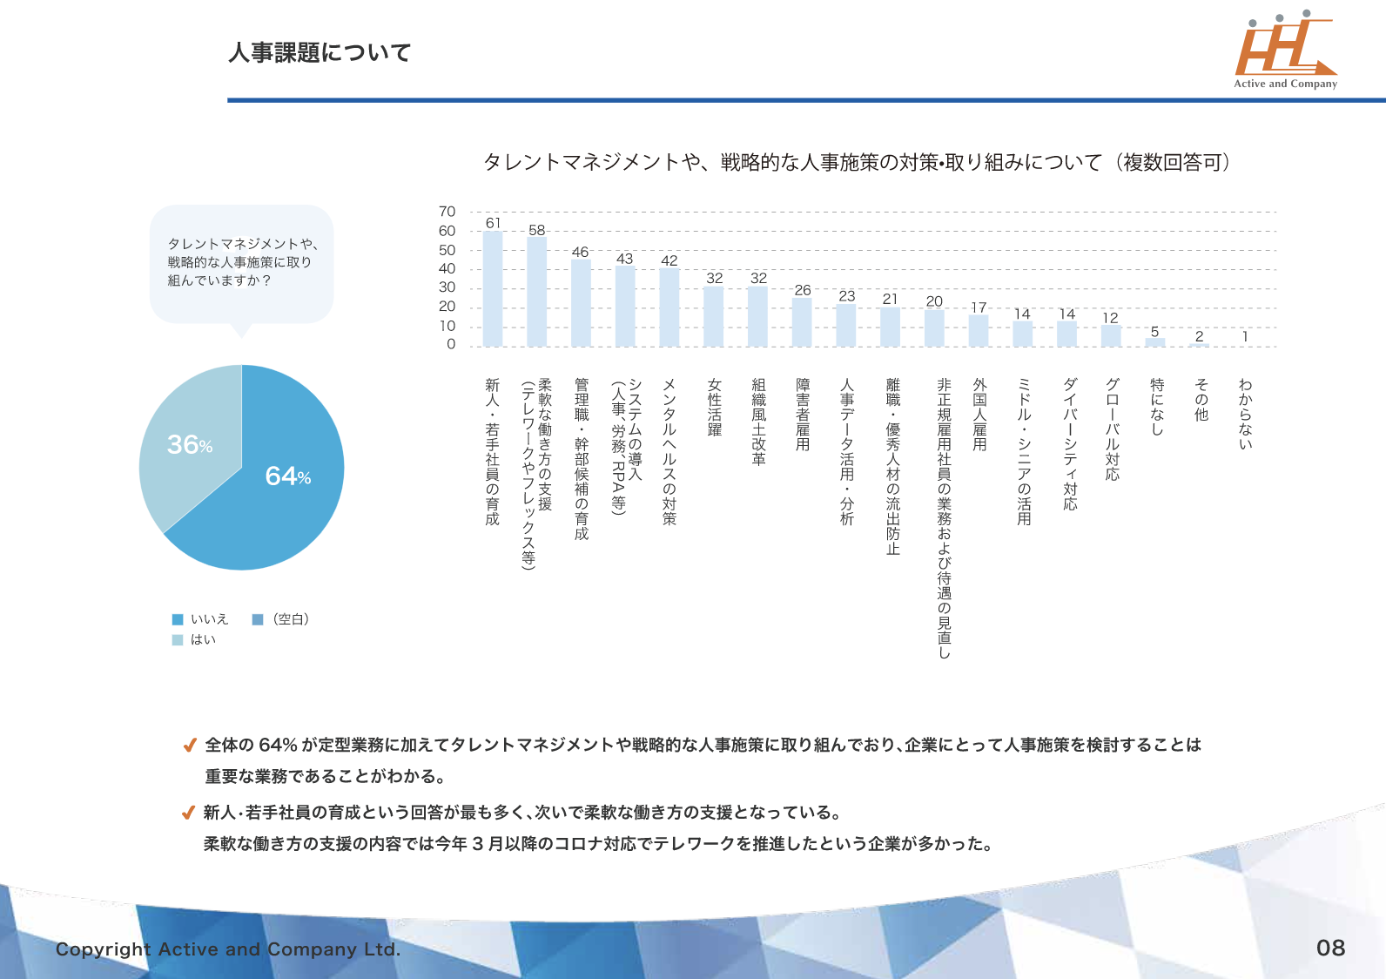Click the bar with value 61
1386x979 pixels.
493,288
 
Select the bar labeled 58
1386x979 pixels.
537,292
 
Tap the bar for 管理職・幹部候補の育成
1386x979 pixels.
581,303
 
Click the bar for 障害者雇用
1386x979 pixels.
802,322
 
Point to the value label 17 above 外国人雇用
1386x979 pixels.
979,307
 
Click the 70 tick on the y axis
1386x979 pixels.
447,212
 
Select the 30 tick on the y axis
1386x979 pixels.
447,287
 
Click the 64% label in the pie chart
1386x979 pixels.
287,476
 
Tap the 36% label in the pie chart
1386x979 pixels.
190,445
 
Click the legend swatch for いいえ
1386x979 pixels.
178,619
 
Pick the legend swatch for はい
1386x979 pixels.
178,639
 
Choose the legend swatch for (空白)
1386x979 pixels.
258,619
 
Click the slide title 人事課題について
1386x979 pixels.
320,53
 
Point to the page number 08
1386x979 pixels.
1330,948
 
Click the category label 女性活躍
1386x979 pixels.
715,407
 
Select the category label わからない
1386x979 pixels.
1246,414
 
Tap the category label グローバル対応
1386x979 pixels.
1113,429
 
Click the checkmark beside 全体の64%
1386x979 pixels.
189,746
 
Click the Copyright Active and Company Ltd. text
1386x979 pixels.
228,949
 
